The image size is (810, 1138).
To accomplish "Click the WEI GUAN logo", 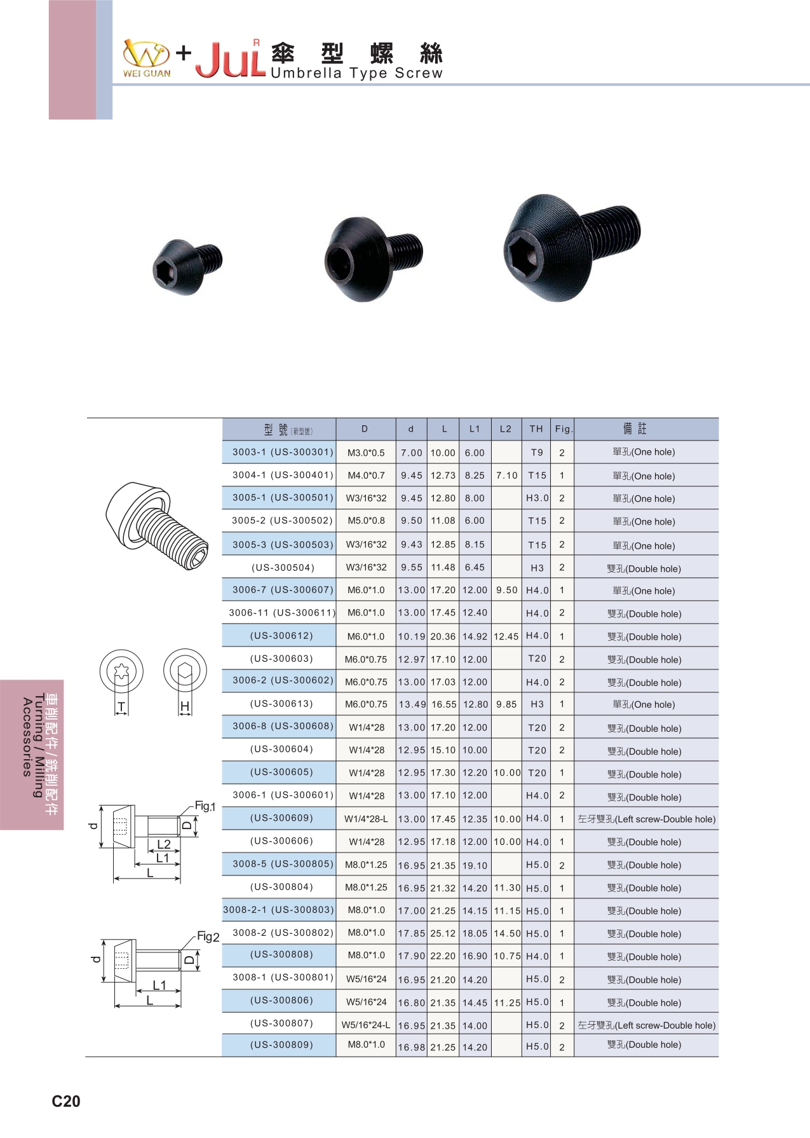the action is point(147,58).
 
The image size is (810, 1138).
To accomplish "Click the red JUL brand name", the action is point(230,60).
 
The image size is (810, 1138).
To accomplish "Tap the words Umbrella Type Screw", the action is point(356,73).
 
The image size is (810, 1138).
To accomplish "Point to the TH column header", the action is point(536,429).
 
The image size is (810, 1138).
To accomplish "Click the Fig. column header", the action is point(564,429).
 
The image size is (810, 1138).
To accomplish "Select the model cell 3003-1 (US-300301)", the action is point(283,452).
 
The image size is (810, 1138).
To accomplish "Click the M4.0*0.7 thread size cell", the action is point(366,476).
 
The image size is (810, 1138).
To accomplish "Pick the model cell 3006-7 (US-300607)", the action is point(283,590).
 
